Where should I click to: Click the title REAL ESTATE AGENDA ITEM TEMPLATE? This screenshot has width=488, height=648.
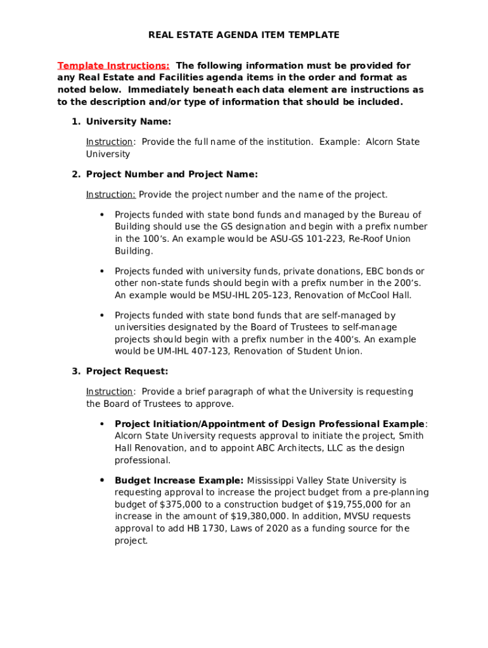coord(243,35)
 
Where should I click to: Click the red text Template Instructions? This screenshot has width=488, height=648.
coord(113,66)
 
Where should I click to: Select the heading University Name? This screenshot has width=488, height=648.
coord(129,121)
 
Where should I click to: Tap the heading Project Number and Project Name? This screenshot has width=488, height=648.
coord(172,174)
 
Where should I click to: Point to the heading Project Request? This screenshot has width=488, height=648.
coord(127,371)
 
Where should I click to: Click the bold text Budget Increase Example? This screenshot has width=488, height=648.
coord(179,480)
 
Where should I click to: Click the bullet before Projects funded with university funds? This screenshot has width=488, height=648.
coord(102,271)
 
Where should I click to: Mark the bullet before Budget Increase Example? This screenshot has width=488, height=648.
coord(102,480)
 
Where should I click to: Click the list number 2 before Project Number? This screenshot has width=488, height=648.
coord(75,174)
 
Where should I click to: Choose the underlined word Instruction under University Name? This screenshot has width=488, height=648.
coord(109,142)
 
